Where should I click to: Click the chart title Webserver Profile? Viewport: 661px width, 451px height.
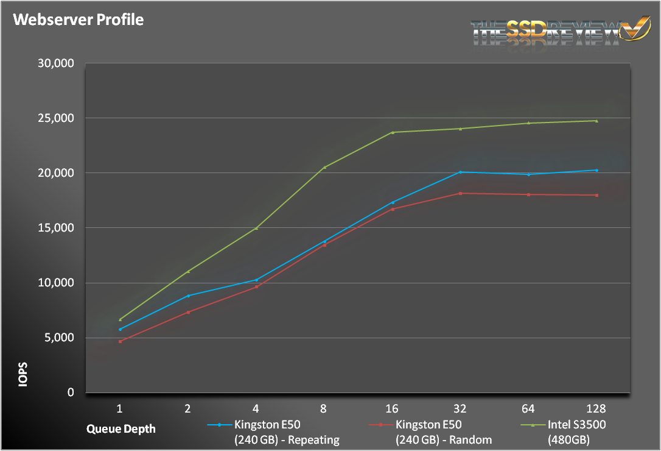[79, 20]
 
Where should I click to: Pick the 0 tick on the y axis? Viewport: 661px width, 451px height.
[71, 392]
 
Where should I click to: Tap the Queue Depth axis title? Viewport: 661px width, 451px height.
[121, 428]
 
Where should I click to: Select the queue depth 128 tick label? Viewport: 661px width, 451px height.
[596, 408]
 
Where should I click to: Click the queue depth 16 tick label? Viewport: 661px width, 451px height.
[392, 408]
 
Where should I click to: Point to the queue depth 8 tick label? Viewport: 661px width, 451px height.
[324, 408]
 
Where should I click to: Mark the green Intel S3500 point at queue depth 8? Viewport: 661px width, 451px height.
[324, 167]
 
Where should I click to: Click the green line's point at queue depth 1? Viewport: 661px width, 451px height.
[121, 319]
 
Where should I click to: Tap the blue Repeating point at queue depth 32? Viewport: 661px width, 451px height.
[461, 172]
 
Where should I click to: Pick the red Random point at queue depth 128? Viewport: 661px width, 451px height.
[596, 195]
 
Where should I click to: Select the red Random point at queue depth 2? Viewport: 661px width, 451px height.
[188, 312]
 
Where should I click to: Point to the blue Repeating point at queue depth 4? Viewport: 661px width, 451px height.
[256, 280]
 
